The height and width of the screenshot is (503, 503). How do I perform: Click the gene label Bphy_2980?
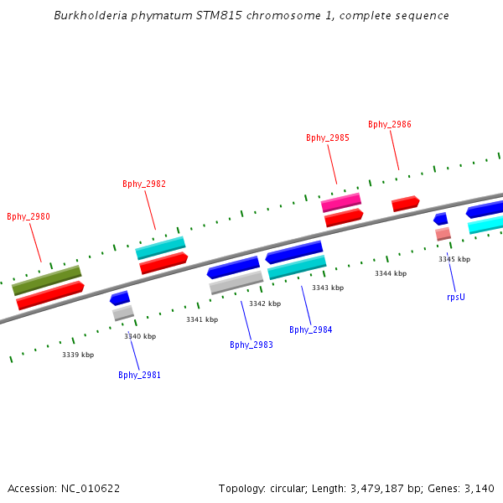tap(29, 216)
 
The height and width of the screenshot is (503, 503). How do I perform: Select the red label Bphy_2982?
tap(144, 184)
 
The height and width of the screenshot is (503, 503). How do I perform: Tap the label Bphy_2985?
tap(328, 137)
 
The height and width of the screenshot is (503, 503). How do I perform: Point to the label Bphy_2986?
tap(390, 124)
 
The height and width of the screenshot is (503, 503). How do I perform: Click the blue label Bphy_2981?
tap(139, 375)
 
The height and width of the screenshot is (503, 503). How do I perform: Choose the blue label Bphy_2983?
tap(251, 345)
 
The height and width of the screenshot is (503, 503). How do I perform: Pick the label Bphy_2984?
tap(311, 329)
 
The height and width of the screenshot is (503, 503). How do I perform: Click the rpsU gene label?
tap(456, 296)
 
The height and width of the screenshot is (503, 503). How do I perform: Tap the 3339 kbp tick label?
tap(78, 355)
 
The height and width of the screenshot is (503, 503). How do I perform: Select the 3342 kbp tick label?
tap(265, 303)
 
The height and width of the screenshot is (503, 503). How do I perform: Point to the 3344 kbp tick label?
tap(391, 273)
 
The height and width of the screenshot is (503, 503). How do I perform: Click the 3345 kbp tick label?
tap(454, 259)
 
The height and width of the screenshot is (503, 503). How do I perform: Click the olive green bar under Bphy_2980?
tap(47, 280)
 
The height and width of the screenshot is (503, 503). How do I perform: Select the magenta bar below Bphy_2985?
tap(341, 202)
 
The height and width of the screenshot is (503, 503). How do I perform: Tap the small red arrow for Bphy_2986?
tap(405, 203)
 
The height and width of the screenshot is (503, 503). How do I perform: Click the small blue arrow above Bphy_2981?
tap(120, 298)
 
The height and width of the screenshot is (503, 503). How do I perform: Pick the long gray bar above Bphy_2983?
tap(236, 282)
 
